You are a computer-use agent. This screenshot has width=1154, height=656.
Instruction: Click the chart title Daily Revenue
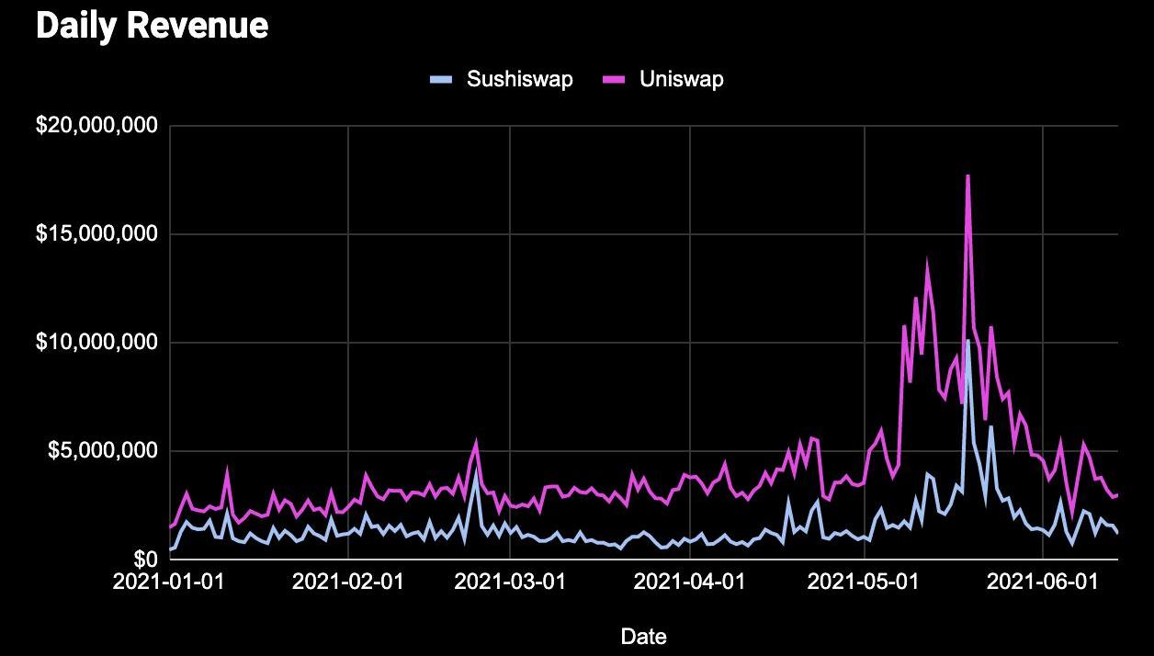(152, 26)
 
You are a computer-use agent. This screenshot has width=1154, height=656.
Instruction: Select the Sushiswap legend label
(519, 79)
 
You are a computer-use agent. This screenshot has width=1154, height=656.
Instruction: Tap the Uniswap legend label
(681, 79)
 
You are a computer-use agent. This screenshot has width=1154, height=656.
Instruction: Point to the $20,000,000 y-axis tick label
(96, 125)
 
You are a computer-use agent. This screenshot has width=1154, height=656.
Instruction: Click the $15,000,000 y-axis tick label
(96, 234)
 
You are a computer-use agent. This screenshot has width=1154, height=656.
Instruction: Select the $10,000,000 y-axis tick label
(96, 343)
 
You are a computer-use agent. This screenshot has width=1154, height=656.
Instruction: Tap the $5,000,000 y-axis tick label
(102, 451)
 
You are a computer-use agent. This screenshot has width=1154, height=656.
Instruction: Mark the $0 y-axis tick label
(145, 560)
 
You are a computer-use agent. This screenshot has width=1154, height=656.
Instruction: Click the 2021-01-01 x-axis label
(170, 582)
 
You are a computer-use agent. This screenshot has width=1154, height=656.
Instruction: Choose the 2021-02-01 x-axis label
(347, 582)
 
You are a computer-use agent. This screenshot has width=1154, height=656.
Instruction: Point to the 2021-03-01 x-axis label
(509, 582)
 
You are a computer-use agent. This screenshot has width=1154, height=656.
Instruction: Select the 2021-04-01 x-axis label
(688, 582)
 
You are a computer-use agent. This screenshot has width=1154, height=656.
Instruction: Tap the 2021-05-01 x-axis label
(864, 582)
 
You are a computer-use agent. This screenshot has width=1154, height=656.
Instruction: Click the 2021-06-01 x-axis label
(1043, 582)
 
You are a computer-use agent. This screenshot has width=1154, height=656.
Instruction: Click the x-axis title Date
(643, 636)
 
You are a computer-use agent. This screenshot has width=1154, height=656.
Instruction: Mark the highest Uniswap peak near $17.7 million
(967, 175)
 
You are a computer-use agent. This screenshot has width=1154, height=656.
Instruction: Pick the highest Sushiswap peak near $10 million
(967, 341)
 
